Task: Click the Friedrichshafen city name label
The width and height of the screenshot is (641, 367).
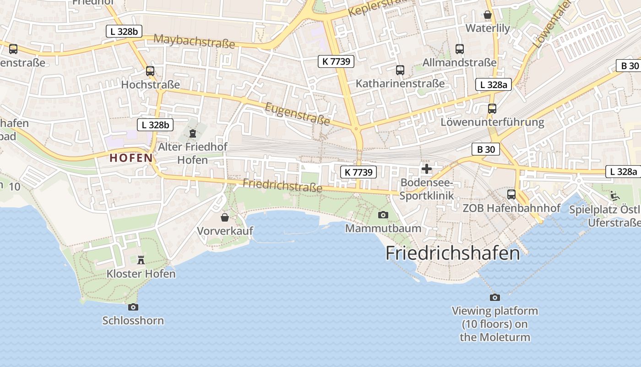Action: (453, 253)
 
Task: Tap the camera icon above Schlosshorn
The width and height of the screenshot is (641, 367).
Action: (133, 307)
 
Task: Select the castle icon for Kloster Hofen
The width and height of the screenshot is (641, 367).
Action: (141, 260)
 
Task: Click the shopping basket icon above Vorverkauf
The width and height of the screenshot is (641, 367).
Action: (225, 217)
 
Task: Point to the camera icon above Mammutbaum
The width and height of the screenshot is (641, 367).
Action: (383, 215)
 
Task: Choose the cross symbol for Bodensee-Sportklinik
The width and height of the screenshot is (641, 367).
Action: (427, 169)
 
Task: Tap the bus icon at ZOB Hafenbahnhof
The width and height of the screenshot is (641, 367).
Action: (511, 195)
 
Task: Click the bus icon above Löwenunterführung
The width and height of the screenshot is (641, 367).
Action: (492, 109)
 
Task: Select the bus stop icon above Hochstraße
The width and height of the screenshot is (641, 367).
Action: (150, 71)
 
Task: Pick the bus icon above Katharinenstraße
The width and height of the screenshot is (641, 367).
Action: (400, 70)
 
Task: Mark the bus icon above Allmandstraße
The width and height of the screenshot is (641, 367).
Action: (460, 49)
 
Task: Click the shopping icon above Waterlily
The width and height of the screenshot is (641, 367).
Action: (488, 15)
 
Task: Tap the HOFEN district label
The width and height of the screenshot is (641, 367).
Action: (131, 158)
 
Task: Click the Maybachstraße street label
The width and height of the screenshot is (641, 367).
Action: (194, 41)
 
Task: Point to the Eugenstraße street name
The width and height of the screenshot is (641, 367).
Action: (297, 114)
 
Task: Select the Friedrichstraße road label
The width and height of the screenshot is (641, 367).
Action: (282, 185)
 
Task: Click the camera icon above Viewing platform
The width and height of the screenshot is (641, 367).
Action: (495, 297)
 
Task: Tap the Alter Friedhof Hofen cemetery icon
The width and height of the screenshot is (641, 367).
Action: (193, 133)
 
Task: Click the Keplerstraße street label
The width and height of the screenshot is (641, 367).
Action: (379, 8)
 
